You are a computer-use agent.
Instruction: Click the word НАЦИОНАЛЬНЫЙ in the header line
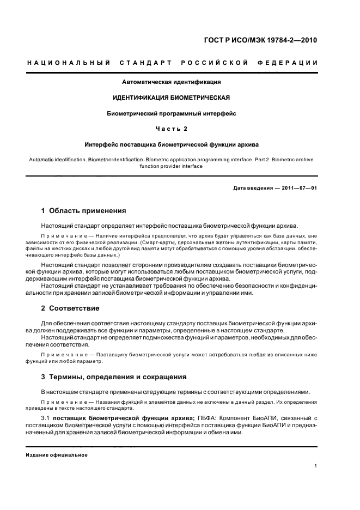click(69, 63)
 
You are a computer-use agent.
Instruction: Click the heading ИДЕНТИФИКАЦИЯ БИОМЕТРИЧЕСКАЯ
click(171, 98)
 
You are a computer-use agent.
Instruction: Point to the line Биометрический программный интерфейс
click(171, 114)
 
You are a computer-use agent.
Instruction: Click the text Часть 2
click(171, 129)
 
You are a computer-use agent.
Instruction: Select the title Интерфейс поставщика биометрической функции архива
click(171, 145)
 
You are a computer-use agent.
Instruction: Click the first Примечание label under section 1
click(63, 236)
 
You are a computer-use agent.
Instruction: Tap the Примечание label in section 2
click(63, 355)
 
